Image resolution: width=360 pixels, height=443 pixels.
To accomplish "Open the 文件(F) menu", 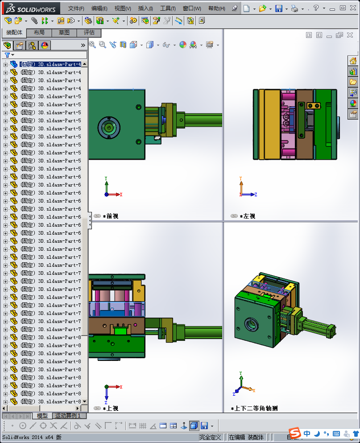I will coord(76,8).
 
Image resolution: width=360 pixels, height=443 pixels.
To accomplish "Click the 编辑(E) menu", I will coord(99,8).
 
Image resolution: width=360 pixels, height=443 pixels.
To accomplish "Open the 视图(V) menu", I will coord(122,8).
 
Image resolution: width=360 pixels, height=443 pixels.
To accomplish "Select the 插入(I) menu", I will coord(145,8).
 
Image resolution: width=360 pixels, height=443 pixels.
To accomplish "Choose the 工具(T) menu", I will coord(168,8).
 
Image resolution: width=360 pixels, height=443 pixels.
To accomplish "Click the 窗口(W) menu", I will coord(192,8).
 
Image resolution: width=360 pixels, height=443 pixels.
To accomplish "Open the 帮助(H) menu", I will coord(217,8).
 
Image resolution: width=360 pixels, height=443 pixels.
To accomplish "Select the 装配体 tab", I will coord(14,33).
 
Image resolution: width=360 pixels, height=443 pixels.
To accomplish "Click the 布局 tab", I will coord(39,33).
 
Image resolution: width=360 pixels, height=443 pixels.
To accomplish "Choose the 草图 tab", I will coord(64,33).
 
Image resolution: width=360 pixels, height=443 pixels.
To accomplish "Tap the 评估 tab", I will coord(89,33).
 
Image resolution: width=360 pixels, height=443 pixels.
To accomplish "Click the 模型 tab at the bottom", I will coord(42,416).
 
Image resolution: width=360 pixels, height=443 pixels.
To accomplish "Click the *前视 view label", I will coord(111,216).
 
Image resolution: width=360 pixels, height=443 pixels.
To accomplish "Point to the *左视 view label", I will coord(247,216).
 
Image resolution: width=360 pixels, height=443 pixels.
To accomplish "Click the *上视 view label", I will coord(111,408).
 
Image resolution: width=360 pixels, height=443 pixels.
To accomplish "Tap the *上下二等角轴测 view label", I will coord(254,408).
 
